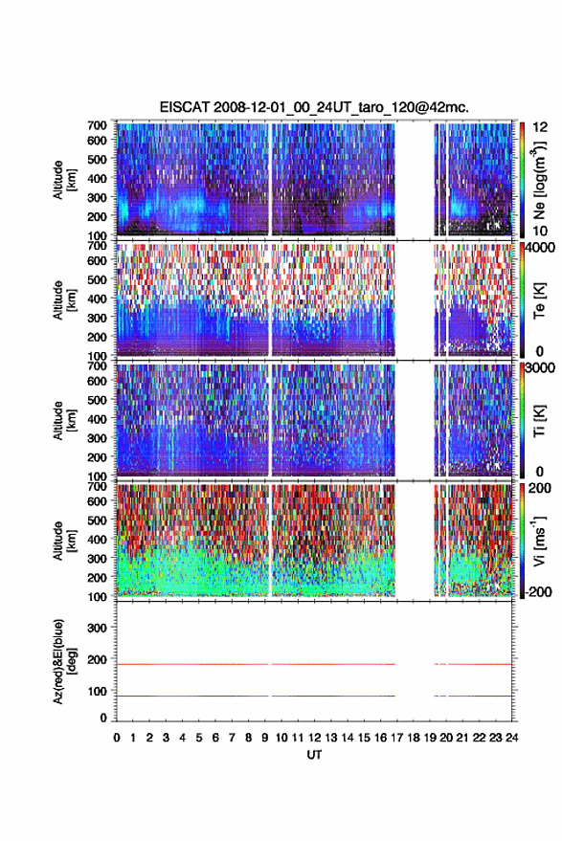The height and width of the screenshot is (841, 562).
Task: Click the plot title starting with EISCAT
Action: [x=314, y=107]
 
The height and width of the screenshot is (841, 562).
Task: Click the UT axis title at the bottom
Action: [x=314, y=755]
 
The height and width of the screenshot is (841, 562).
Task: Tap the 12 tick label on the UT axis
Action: [x=314, y=738]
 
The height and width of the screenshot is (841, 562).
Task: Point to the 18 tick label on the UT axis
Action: [x=413, y=738]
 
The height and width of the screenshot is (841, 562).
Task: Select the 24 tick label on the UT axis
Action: [x=511, y=738]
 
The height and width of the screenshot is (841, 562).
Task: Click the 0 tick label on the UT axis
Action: [x=117, y=738]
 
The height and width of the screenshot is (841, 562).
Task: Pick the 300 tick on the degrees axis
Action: [x=97, y=628]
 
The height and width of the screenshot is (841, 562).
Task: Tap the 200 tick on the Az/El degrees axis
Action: [x=97, y=659]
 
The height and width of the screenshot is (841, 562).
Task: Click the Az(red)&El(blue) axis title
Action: [x=64, y=661]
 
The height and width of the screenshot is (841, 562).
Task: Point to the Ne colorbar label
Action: [x=539, y=180]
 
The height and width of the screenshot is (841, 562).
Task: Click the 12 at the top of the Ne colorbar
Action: [x=540, y=127]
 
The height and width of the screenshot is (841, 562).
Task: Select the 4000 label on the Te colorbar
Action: [x=539, y=248]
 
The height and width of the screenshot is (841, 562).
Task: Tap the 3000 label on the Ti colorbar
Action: [x=539, y=368]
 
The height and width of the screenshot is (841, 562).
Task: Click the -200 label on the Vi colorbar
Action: [x=537, y=591]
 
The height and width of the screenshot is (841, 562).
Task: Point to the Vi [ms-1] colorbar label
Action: [x=538, y=541]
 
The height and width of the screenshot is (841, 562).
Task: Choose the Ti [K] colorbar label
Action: [x=539, y=421]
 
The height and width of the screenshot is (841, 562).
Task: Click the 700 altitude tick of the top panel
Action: [x=97, y=125]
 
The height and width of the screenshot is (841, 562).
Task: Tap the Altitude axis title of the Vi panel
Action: [x=64, y=541]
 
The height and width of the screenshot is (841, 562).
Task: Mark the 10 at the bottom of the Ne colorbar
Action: [x=540, y=231]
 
